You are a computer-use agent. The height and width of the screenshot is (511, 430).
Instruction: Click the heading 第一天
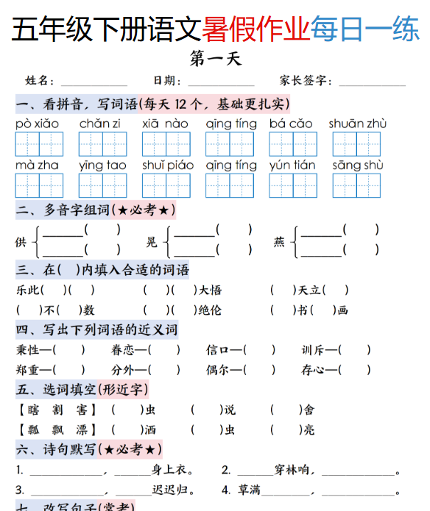click(215, 58)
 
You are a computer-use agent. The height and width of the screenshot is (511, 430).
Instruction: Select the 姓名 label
click(40, 81)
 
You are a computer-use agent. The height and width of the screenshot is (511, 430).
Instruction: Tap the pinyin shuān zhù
click(357, 124)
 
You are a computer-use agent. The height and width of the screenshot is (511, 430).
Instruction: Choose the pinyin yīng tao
click(102, 165)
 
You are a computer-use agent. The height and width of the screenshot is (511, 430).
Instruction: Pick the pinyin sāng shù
click(357, 165)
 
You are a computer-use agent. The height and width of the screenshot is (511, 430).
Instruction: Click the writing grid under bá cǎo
click(293, 144)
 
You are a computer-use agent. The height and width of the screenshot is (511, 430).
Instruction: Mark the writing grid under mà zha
click(39, 185)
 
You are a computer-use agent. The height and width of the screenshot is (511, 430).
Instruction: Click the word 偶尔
click(217, 370)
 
